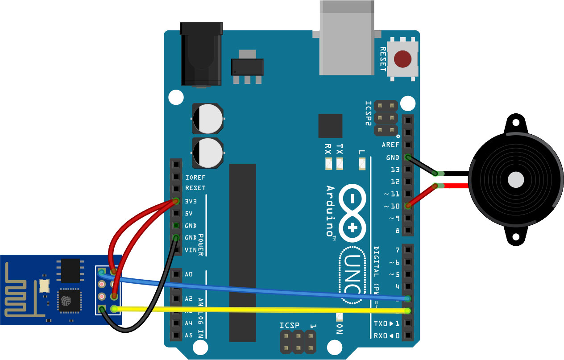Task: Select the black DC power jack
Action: (x=201, y=54)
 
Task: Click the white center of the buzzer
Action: (x=516, y=179)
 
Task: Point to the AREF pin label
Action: (x=391, y=145)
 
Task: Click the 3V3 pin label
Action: (x=191, y=201)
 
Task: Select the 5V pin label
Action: (x=188, y=214)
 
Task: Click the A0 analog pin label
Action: (x=188, y=274)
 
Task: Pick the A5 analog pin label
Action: (x=188, y=335)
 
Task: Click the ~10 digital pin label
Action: (x=392, y=206)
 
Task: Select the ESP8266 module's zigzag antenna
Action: (x=20, y=290)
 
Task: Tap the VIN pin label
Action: (x=190, y=250)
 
